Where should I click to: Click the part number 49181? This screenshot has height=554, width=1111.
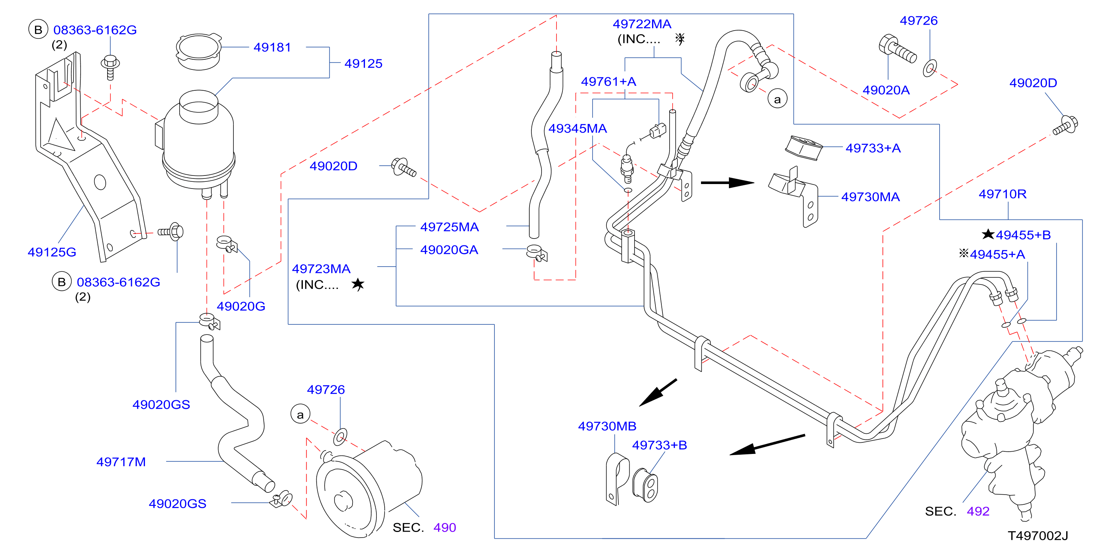[272, 47]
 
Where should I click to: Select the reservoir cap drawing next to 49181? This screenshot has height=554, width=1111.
[199, 52]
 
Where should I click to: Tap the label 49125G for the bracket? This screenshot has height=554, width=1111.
[52, 252]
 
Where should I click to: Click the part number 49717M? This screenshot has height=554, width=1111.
[121, 462]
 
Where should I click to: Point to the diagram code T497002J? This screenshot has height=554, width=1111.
[1038, 536]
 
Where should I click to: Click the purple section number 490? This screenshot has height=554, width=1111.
[445, 528]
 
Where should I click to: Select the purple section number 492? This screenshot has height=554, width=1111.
[978, 511]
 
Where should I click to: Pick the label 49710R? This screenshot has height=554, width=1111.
[1003, 194]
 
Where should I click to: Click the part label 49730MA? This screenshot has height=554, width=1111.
[871, 197]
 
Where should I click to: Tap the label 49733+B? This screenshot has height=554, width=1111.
[660, 445]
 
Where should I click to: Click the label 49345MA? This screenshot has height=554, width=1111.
[577, 128]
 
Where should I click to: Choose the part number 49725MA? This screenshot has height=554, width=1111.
[449, 227]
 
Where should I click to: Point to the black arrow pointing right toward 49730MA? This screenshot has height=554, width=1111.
[727, 183]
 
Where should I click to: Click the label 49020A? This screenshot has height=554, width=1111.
[886, 90]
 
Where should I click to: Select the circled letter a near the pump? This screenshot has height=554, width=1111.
[301, 414]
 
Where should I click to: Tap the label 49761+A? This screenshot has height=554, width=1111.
[609, 81]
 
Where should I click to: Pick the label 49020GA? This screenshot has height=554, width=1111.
[449, 250]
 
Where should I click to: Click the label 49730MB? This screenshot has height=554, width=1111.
[607, 426]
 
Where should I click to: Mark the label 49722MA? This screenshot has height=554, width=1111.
[642, 24]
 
